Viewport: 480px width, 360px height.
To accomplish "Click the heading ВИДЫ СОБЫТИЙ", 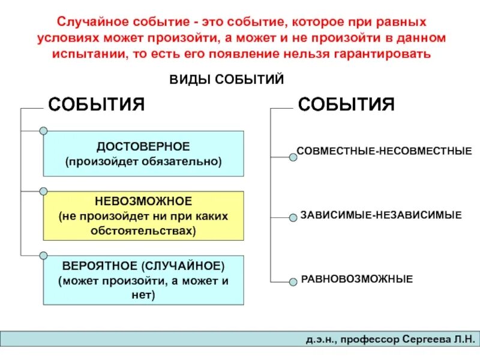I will coord(227,80).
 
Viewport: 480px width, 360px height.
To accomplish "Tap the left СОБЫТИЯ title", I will coord(97,104).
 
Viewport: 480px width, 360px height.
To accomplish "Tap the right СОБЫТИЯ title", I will coord(346,104).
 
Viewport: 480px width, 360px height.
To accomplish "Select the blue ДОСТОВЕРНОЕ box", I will coord(144,154).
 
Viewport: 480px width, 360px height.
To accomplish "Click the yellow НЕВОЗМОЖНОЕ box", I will coord(144,215).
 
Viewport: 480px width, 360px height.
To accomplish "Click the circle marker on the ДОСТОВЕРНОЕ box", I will coord(43,131).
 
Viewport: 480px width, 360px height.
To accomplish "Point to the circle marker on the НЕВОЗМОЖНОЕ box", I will coord(43,192).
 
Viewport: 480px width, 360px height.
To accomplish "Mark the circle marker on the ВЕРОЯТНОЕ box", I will coord(43,256).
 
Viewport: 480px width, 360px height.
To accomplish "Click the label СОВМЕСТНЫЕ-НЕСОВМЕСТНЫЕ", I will coord(385,151).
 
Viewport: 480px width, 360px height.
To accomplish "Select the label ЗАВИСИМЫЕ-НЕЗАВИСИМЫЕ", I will coord(381,214).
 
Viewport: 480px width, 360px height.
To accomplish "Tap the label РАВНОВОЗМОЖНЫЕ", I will coord(356,279).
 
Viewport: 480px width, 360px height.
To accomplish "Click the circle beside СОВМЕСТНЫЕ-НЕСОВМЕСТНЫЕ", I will coord(293,158).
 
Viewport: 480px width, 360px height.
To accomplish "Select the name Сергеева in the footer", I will coord(422,340).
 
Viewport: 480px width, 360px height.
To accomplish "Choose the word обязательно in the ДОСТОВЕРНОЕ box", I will coord(190,161).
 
